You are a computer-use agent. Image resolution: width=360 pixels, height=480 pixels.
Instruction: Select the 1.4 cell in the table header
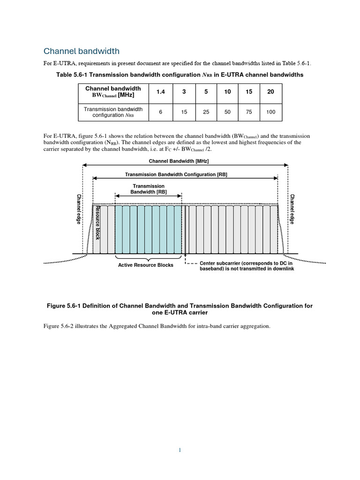point(160,92)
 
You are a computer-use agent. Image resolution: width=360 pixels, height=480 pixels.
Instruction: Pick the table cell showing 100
point(270,112)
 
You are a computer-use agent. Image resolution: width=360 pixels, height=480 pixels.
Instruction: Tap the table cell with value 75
point(249,112)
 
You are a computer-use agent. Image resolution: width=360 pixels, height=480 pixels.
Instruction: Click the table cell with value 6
point(160,112)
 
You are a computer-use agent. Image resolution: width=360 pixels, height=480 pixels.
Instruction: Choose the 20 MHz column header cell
point(270,92)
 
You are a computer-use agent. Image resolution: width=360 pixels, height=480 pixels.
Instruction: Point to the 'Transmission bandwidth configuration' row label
point(112,112)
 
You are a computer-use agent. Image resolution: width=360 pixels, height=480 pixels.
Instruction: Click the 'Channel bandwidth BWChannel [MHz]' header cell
point(112,92)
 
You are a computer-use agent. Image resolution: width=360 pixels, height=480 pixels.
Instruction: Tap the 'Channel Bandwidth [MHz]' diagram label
point(179,161)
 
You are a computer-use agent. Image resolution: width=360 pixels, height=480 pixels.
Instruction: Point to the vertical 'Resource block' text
point(97,223)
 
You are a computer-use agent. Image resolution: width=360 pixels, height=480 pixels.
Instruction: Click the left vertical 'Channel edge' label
point(78,209)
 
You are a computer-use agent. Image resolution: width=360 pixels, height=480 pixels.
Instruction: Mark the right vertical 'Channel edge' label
point(292,209)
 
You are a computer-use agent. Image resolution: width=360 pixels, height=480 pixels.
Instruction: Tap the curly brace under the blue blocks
point(148,258)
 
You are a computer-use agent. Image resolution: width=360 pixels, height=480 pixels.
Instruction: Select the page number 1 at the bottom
point(180,450)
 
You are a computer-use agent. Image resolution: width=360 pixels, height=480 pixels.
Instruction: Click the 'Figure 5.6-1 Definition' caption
point(180,309)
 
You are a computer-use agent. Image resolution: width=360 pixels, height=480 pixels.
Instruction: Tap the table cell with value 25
point(206,112)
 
